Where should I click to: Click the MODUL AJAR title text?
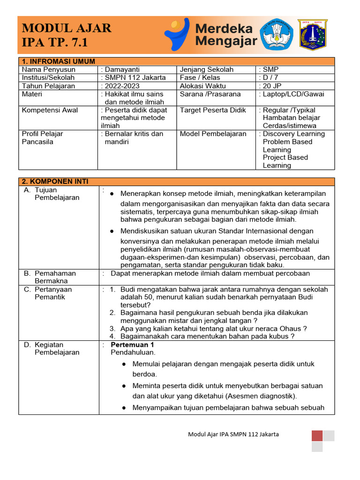[x=67, y=28]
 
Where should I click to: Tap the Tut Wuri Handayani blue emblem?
[x=277, y=35]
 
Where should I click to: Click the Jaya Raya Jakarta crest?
[x=313, y=35]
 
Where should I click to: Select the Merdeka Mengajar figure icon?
[x=177, y=34]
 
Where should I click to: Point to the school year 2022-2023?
[x=122, y=86]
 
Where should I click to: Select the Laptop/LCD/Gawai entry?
[x=293, y=94]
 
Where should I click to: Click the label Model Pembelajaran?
[x=213, y=134]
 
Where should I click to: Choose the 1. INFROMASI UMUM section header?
[x=59, y=61]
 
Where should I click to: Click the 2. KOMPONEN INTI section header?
[x=55, y=181]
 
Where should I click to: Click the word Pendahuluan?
[x=133, y=352]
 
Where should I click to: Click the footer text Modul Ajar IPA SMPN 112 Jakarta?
[x=233, y=434]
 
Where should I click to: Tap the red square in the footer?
[x=317, y=435]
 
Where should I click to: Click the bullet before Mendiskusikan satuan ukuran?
[x=112, y=231]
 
